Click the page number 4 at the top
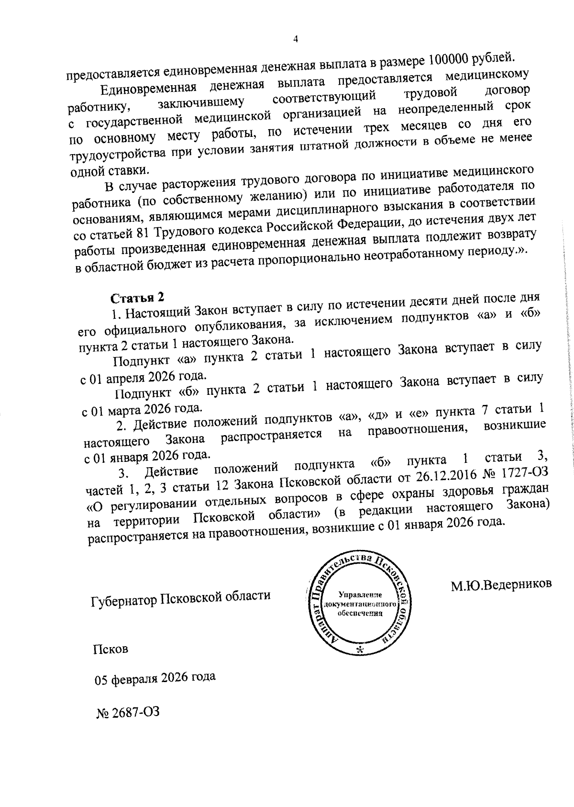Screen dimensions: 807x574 (x=295, y=40)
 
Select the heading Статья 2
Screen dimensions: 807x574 (x=138, y=298)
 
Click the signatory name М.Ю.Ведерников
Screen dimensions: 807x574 (x=501, y=584)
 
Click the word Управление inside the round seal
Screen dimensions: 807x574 (x=359, y=595)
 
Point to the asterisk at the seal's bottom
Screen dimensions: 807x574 (x=360, y=650)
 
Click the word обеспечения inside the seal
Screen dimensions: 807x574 (x=360, y=614)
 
